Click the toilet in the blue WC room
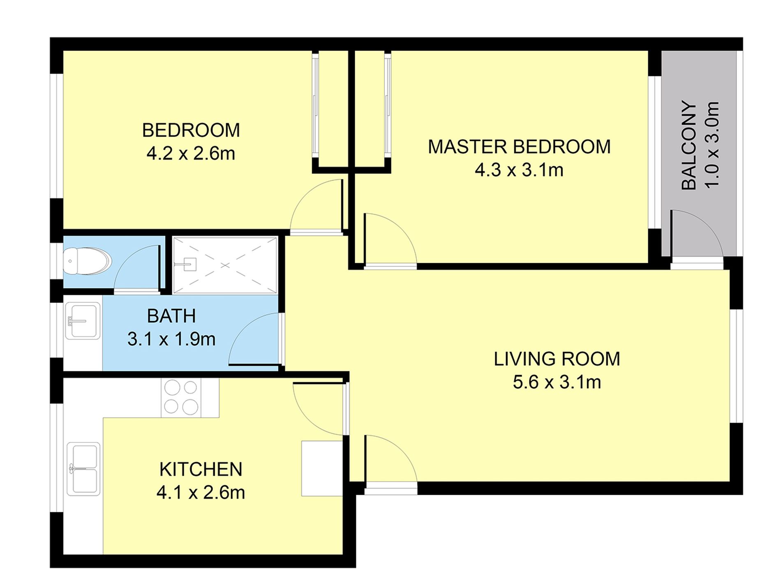[87, 261]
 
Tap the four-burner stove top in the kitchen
[181, 398]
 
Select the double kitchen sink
[83, 469]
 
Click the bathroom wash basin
[83, 321]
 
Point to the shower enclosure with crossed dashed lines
[225, 265]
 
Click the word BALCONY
[689, 146]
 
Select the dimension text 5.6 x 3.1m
[557, 382]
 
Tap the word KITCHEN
[201, 469]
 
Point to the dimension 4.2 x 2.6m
[191, 153]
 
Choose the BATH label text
[171, 316]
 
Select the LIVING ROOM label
[557, 359]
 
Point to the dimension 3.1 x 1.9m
[171, 339]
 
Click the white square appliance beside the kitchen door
[322, 468]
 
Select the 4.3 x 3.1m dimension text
[519, 170]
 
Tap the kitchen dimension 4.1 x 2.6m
[201, 492]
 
